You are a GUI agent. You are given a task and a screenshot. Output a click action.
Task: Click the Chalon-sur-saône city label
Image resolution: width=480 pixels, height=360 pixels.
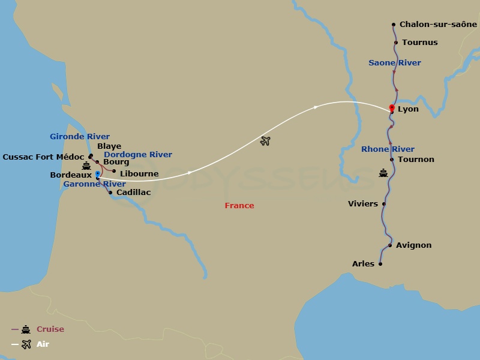438,25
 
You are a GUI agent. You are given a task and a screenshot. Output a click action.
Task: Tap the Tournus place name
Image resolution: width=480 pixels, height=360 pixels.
420,43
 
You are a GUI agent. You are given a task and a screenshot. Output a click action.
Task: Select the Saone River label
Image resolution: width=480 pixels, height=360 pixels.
394,63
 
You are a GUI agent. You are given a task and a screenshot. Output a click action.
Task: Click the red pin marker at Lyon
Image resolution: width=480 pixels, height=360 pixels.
392,108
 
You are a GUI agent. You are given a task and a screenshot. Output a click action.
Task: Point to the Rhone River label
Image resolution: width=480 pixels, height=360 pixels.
388,149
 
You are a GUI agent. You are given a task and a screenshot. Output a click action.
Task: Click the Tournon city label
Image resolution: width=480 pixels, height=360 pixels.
416,160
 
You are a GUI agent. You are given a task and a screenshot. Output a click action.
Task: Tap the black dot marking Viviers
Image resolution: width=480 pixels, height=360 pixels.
384,204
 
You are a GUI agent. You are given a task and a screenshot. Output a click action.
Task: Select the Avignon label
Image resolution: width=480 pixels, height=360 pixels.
414,245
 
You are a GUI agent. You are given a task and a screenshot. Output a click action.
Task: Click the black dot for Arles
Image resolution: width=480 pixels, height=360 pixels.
380,264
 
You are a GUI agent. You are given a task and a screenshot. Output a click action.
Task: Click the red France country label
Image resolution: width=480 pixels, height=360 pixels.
239,206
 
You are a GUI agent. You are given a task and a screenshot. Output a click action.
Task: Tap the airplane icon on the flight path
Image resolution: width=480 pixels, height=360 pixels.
265,141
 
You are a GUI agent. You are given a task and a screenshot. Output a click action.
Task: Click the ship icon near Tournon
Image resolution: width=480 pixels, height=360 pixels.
383,173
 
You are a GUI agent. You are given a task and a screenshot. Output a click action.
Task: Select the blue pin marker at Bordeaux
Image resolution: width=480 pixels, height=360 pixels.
97,174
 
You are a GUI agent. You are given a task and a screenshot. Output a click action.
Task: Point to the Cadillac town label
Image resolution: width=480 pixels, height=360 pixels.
133,193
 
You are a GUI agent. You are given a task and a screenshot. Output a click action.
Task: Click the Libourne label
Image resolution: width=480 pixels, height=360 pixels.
139,174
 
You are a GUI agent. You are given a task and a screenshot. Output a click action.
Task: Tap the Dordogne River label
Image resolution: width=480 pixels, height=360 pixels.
137,155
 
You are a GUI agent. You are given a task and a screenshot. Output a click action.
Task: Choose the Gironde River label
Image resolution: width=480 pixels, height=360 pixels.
80,137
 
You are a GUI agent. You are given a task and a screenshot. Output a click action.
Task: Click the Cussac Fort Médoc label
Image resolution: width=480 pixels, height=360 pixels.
43,157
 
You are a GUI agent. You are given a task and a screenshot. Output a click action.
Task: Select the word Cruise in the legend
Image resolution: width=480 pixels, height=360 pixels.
50,329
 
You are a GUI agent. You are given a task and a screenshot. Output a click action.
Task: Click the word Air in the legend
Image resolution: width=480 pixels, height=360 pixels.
43,344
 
